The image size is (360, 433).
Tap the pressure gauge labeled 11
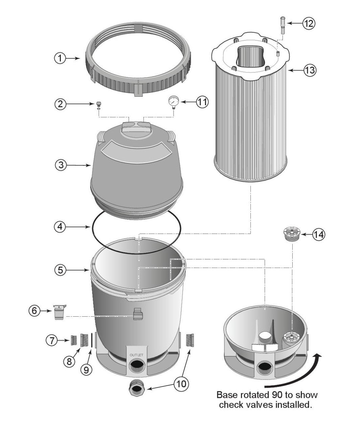click(173, 101)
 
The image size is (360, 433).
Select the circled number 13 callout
click(310, 70)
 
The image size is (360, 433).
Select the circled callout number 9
click(86, 370)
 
